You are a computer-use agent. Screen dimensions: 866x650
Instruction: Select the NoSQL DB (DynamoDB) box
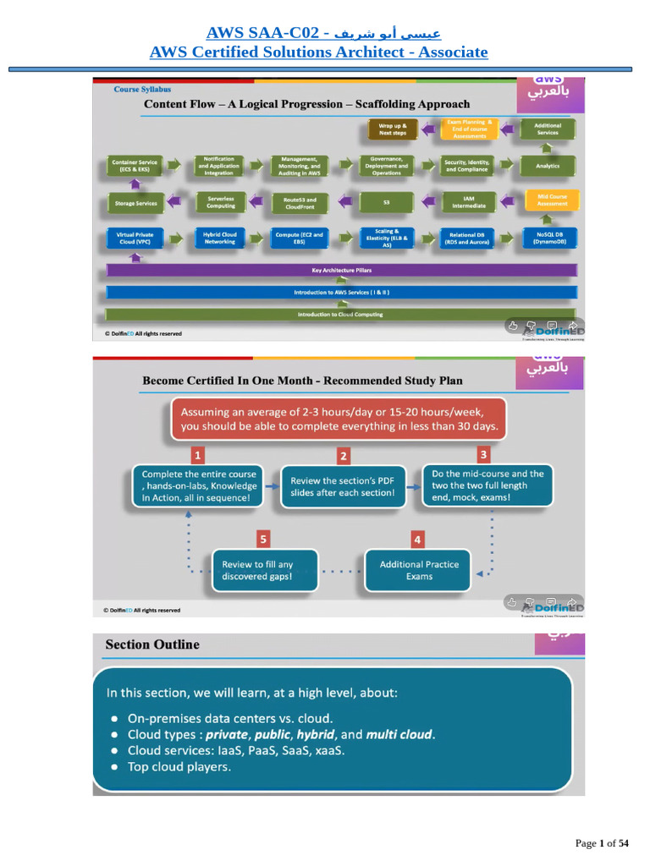click(x=548, y=238)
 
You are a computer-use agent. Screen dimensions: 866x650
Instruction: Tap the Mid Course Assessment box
click(x=548, y=200)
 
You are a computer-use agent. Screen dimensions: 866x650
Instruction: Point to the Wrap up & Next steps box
click(x=393, y=129)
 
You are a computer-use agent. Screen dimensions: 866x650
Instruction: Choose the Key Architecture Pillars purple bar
click(x=342, y=271)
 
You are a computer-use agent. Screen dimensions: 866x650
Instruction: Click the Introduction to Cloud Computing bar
click(x=342, y=314)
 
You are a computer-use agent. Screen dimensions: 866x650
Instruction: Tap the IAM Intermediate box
click(x=468, y=201)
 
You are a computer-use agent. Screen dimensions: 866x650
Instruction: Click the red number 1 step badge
click(x=196, y=455)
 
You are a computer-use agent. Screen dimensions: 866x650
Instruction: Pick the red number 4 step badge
click(x=417, y=539)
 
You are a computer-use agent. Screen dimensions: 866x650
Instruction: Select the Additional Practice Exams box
click(x=419, y=570)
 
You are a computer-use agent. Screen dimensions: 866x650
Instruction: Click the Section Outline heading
click(x=152, y=644)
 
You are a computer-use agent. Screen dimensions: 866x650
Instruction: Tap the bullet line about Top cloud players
click(x=179, y=767)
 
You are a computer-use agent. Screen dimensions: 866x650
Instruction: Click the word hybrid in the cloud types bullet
click(x=316, y=734)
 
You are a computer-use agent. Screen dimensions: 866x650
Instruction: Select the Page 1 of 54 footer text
click(x=602, y=843)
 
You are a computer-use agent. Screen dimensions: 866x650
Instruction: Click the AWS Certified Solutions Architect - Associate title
click(x=318, y=52)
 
